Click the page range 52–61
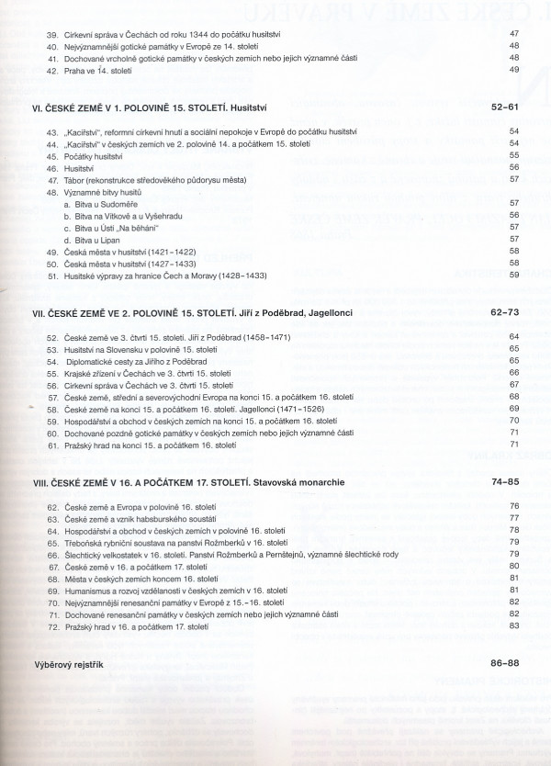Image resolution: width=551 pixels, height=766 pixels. point(503,108)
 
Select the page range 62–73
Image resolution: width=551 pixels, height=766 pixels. point(504,312)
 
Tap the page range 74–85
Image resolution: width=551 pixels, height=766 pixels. point(504,480)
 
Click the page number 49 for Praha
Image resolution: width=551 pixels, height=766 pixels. point(513,70)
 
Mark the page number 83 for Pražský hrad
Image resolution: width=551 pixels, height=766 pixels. point(514,626)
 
